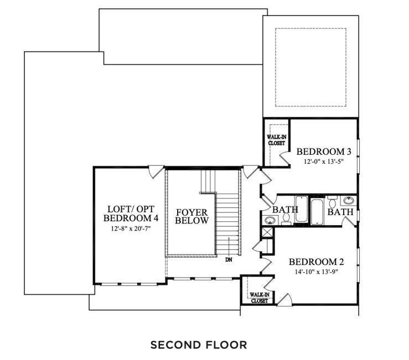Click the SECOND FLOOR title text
199,345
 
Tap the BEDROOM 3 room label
324,152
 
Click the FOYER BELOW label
192,216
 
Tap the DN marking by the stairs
228,258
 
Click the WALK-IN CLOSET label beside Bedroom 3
276,139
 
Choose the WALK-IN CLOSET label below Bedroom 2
259,298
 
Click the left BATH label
286,210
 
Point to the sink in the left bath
269,221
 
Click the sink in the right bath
349,200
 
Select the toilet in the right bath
332,199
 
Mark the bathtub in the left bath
301,209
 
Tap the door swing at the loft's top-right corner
156,171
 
